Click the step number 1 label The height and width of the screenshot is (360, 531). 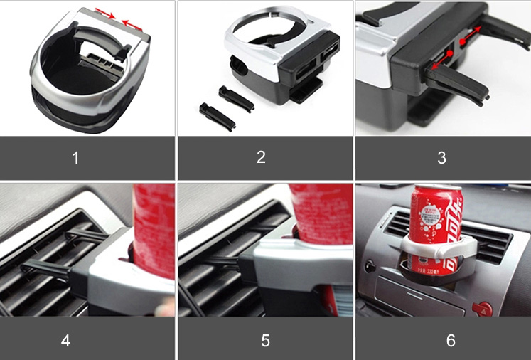[x=75, y=158]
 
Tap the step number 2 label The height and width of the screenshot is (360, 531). [x=261, y=158]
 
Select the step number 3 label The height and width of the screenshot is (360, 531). [x=441, y=158]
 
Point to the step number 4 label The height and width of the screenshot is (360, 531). [x=65, y=341]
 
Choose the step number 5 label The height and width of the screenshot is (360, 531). [x=265, y=341]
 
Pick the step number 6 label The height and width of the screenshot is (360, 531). [x=451, y=341]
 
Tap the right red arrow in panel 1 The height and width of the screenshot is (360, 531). [x=132, y=23]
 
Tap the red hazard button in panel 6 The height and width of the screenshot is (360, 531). [x=485, y=308]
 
